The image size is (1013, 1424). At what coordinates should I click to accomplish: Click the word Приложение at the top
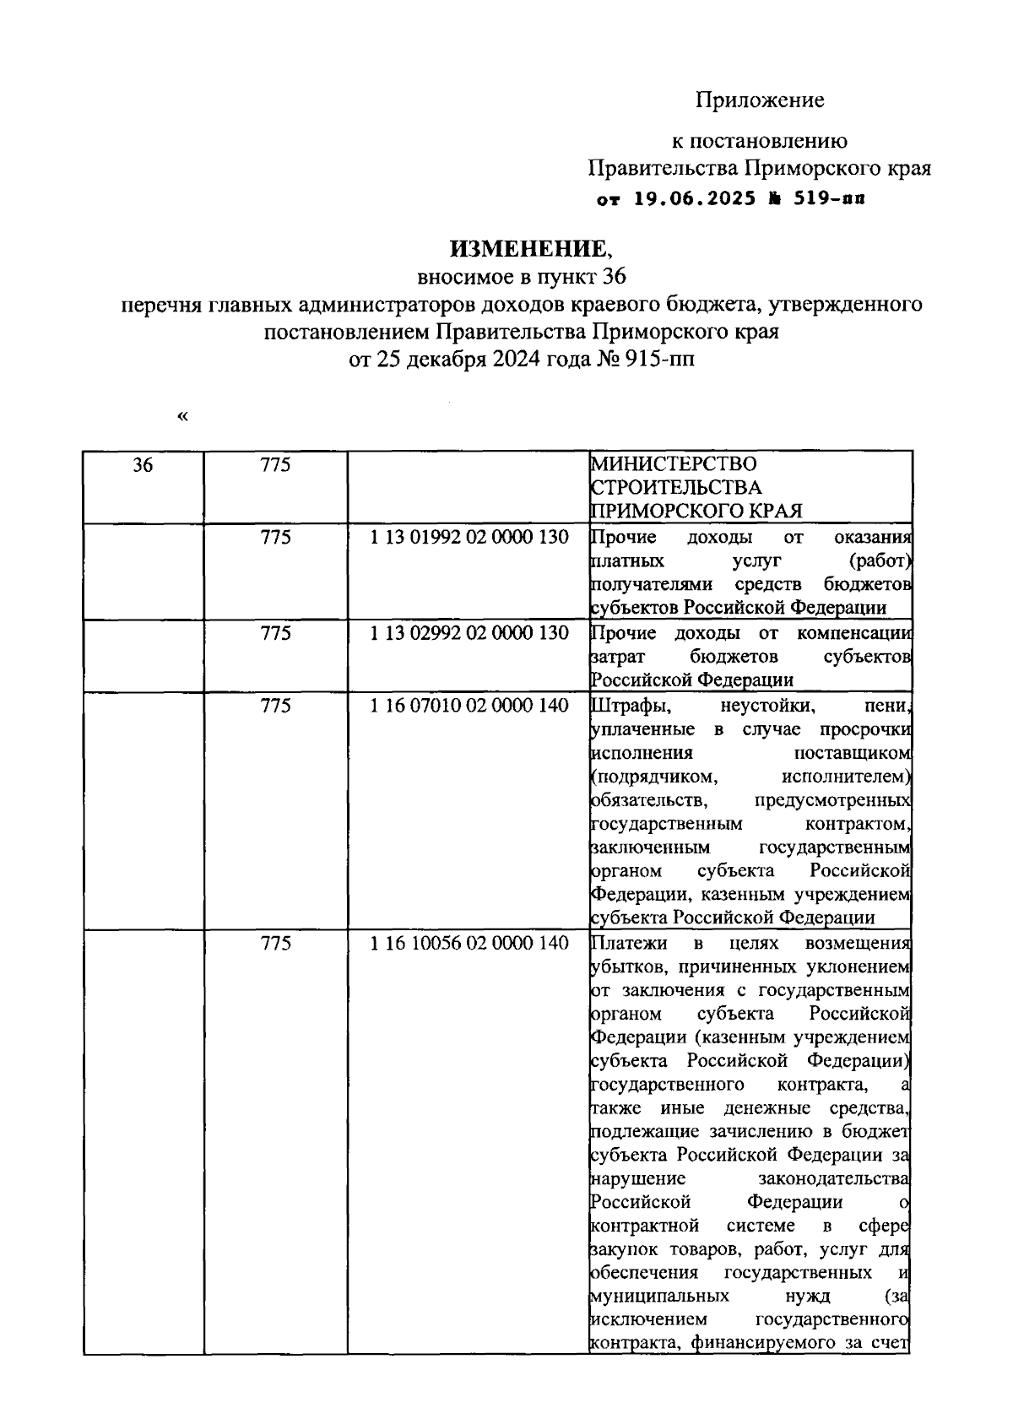pyautogui.click(x=760, y=100)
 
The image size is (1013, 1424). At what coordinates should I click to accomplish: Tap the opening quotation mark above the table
pyautogui.click(x=183, y=416)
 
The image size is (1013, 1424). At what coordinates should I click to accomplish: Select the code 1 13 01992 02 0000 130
pyautogui.click(x=469, y=537)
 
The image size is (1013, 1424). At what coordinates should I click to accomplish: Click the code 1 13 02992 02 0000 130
pyautogui.click(x=469, y=633)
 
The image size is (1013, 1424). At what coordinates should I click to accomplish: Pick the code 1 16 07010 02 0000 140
pyautogui.click(x=469, y=706)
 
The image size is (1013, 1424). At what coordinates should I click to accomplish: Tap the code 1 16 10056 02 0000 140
pyautogui.click(x=469, y=943)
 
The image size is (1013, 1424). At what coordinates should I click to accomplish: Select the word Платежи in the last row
pyautogui.click(x=628, y=943)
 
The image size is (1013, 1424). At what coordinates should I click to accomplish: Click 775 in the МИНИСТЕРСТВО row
pyautogui.click(x=275, y=464)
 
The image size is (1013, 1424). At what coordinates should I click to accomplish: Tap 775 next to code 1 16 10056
pyautogui.click(x=275, y=943)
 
